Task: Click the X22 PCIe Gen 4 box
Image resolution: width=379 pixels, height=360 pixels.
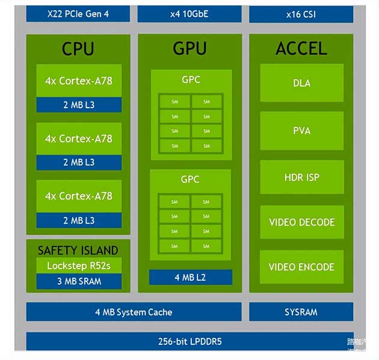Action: click(x=78, y=13)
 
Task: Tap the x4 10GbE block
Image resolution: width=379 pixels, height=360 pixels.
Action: click(x=189, y=13)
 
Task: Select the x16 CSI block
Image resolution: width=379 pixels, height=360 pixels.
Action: click(x=301, y=13)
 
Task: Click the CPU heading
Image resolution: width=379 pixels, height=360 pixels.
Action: click(x=78, y=49)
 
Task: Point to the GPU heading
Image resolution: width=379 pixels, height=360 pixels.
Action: click(x=189, y=49)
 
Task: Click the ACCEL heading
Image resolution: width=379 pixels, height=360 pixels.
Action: click(x=301, y=49)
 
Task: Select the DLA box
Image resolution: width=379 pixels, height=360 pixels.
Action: click(x=301, y=83)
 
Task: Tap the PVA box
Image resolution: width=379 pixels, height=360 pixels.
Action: click(x=301, y=130)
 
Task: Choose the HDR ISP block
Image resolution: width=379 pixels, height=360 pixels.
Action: click(x=301, y=177)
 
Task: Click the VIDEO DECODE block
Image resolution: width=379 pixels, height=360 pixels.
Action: click(x=301, y=222)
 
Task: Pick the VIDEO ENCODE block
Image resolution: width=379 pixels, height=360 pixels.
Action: click(x=301, y=267)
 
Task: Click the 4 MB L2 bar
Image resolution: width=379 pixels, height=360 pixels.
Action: click(x=190, y=277)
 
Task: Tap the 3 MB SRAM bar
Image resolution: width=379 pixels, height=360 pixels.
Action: click(x=78, y=281)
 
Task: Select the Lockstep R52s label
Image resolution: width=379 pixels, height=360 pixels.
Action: click(x=78, y=266)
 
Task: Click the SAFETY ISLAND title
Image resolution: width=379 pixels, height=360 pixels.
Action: click(x=78, y=250)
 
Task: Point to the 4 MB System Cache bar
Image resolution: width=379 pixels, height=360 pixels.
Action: click(x=134, y=312)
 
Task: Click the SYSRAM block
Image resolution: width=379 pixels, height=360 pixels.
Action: click(x=301, y=312)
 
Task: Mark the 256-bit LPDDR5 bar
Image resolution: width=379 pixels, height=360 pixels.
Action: click(x=189, y=341)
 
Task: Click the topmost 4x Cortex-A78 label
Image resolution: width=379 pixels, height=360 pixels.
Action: click(x=78, y=81)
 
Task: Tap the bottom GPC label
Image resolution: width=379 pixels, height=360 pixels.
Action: click(x=190, y=179)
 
